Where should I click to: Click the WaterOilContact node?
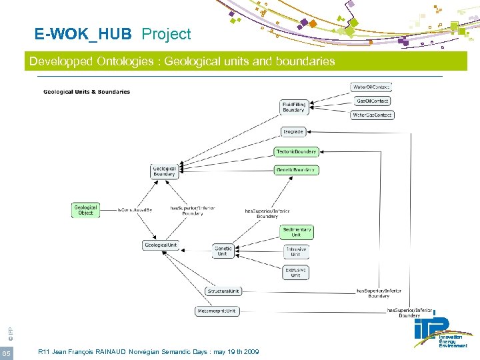[x=371, y=87]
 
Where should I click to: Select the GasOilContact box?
[x=373, y=101]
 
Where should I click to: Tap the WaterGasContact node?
[x=372, y=115]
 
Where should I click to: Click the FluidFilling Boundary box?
[x=294, y=107]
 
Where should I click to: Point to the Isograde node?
[x=293, y=131]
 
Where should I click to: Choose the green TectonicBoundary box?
[x=297, y=152]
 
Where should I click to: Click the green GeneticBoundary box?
[x=297, y=170]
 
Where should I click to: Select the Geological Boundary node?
[x=165, y=171]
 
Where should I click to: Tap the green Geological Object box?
[x=85, y=210]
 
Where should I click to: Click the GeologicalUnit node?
[x=161, y=245]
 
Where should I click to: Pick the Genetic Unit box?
[x=223, y=251]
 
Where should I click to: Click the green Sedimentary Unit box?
[x=296, y=232]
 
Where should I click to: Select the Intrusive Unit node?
[x=296, y=252]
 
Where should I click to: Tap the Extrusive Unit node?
[x=296, y=272]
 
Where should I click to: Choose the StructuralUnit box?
[x=224, y=291]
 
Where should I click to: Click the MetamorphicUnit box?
[x=217, y=311]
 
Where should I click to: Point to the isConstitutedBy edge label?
[x=135, y=210]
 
